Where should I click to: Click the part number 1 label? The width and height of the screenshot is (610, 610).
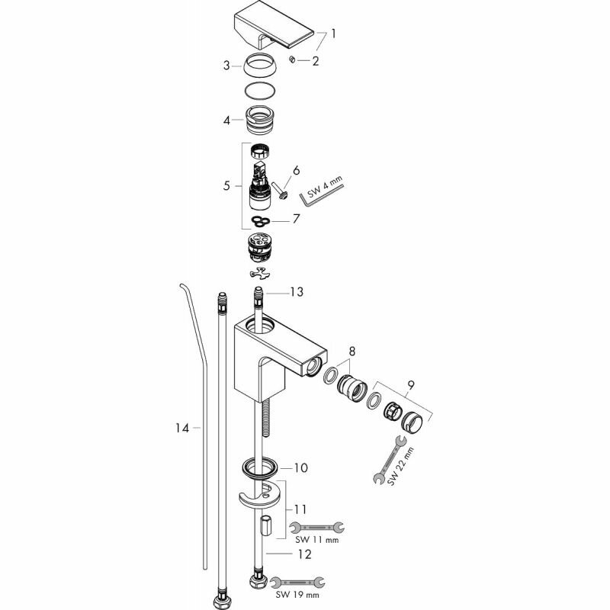pos(333,34)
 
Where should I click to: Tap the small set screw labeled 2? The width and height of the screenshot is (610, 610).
pos(292,59)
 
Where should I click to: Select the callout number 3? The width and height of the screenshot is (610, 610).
pos(226,66)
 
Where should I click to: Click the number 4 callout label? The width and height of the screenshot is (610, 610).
pos(226,120)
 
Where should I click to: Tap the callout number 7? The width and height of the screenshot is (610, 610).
pos(297,219)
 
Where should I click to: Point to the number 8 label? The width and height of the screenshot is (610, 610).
pos(350,352)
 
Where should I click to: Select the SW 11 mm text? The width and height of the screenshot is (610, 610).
pos(316,540)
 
